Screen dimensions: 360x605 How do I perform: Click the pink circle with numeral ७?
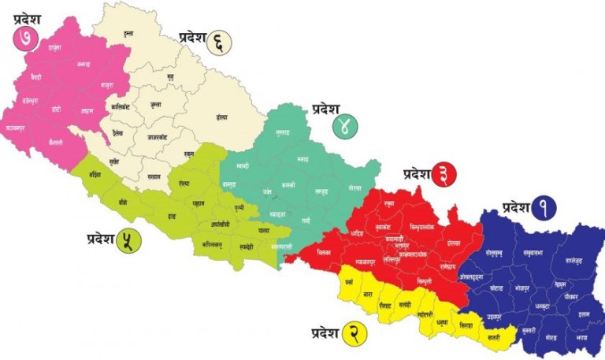pyautogui.click(x=25, y=38)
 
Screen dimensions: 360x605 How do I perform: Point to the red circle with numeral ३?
pyautogui.click(x=445, y=176)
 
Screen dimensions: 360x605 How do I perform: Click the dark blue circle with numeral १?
pyautogui.click(x=544, y=209)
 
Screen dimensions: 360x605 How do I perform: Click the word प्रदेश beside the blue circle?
pyautogui.click(x=514, y=208)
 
